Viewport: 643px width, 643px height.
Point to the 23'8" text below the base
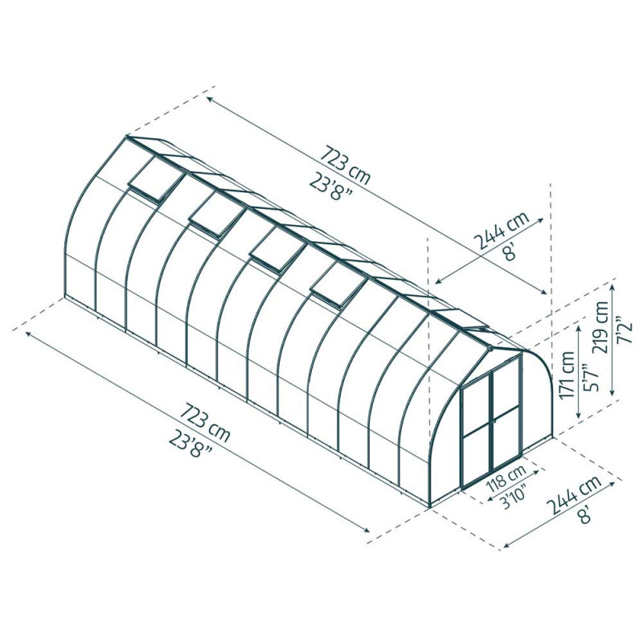point(192,451)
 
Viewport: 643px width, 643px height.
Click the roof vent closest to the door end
point(338,282)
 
